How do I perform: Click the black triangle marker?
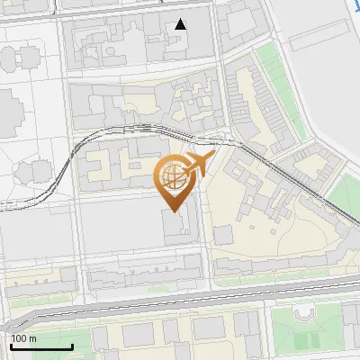181,24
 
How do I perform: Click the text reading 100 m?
23,337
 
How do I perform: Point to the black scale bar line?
41,346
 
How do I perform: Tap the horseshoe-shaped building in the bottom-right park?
304,314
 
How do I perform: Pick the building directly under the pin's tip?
176,225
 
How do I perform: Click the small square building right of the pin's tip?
222,234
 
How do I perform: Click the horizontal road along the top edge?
108,4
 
